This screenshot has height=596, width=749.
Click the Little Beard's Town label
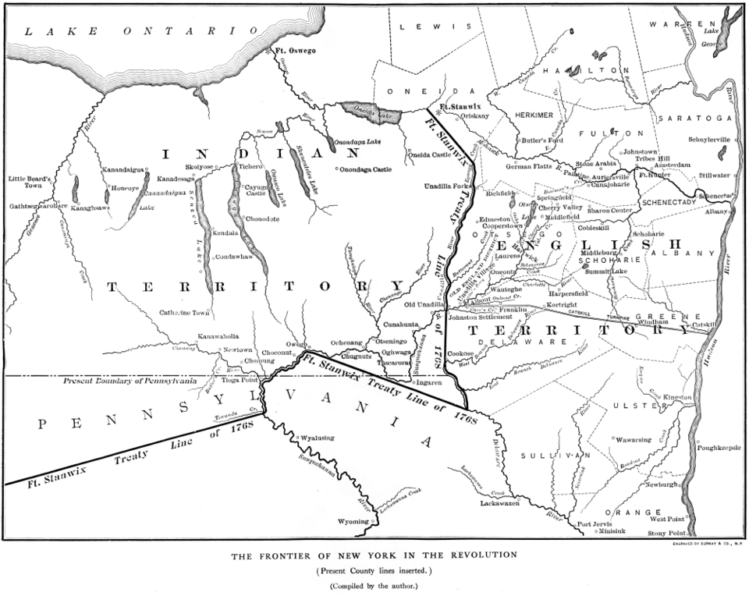(29, 183)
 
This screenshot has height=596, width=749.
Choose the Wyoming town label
(352, 521)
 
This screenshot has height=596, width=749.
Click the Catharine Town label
(186, 313)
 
